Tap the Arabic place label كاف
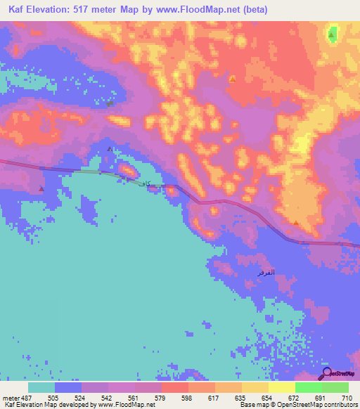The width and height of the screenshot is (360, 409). [x=144, y=183]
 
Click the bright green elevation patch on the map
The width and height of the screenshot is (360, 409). [x=332, y=33]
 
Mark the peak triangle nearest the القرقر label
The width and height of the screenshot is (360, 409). [x=296, y=223]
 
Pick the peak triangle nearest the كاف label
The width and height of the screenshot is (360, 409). [x=109, y=150]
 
